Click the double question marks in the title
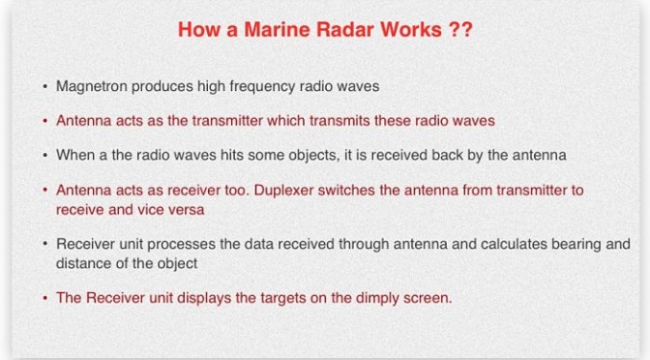tap(460, 29)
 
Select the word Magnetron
tap(92, 87)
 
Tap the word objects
tap(313, 156)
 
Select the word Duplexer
tap(283, 191)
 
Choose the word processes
tap(181, 244)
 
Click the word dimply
tap(377, 298)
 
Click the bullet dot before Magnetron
tap(44, 87)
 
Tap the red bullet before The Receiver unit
tap(44, 298)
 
